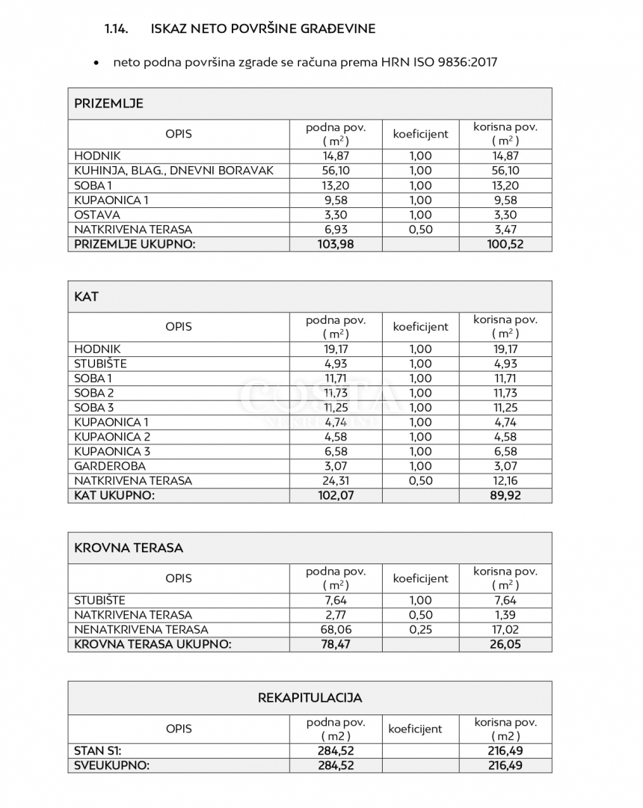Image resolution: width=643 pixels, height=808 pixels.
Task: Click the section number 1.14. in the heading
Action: tap(117, 29)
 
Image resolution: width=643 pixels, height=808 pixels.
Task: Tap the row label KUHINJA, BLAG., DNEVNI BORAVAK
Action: tap(173, 171)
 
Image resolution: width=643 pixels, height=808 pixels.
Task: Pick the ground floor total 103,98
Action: tap(336, 244)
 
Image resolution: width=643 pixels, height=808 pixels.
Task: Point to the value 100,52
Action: tap(505, 244)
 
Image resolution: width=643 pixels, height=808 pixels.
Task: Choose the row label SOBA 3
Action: tap(93, 408)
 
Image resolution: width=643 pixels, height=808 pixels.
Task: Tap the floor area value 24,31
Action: tap(336, 481)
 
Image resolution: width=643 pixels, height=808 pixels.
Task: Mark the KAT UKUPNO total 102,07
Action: tap(336, 495)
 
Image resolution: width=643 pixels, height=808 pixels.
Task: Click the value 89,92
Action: tap(505, 495)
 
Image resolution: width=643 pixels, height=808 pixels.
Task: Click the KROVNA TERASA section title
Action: tap(129, 548)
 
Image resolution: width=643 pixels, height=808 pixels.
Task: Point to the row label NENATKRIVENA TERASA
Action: tap(141, 629)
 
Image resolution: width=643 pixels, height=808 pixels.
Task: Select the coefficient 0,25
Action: tap(421, 629)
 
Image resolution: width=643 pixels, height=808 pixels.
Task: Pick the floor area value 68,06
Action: tap(336, 629)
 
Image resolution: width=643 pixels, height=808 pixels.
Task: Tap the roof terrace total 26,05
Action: tap(505, 644)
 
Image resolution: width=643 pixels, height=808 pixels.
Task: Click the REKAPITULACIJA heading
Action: tap(310, 698)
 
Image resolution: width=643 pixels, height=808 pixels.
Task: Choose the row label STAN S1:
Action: tap(97, 750)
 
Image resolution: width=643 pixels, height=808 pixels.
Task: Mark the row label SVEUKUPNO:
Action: tap(111, 765)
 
